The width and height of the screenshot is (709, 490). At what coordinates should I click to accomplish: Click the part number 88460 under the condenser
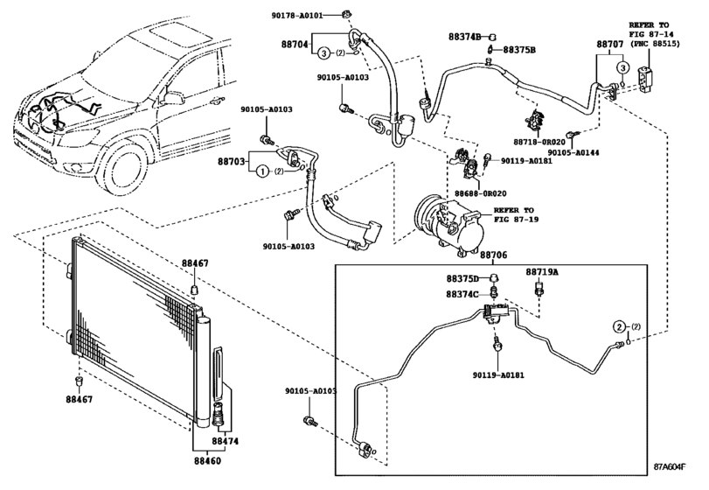(x=207, y=461)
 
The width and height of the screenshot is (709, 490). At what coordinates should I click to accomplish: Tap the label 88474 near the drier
(x=225, y=441)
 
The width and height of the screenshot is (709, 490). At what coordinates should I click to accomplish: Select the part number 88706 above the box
(x=493, y=255)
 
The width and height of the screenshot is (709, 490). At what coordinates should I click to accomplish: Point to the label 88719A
(x=542, y=272)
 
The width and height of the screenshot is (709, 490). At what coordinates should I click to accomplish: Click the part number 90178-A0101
(x=297, y=16)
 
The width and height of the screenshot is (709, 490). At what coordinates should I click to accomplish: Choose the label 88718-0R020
(x=539, y=142)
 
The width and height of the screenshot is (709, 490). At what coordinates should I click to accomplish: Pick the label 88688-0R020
(x=480, y=193)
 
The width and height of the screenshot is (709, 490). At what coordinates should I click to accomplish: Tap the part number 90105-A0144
(x=573, y=152)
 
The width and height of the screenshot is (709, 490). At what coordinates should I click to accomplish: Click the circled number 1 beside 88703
(x=261, y=171)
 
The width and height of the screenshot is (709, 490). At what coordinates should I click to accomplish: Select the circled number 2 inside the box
(x=619, y=326)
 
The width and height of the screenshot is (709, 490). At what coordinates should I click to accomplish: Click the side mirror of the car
(x=173, y=97)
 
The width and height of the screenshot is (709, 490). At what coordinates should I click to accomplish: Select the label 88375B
(x=519, y=50)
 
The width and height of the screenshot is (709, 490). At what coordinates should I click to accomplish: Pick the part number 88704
(x=295, y=45)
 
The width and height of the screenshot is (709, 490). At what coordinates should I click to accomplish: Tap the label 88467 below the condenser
(x=80, y=399)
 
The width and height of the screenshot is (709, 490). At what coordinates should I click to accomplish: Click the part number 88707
(x=610, y=45)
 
